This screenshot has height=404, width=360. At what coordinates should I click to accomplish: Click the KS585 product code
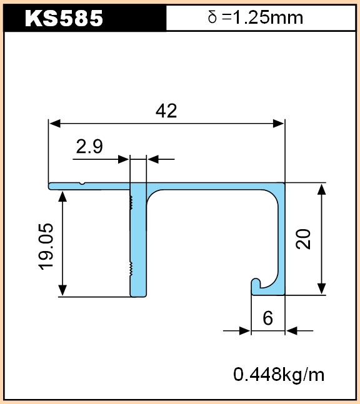(x=64, y=18)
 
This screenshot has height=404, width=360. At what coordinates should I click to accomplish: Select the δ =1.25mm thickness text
(x=255, y=17)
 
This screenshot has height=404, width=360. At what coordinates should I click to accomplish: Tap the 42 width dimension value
(x=166, y=111)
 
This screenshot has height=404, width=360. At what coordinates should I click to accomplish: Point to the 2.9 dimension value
(x=89, y=146)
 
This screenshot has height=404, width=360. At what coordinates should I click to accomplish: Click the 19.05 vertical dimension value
(x=46, y=247)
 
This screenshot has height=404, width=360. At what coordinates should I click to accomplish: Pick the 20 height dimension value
(x=303, y=239)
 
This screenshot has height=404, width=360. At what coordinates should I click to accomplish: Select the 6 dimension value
(x=267, y=318)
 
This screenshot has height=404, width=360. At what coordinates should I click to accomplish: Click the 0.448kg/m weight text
(x=279, y=375)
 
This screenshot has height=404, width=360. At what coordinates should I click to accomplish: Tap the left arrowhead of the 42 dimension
(x=55, y=124)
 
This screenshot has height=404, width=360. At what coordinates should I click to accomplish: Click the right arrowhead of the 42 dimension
(x=279, y=124)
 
